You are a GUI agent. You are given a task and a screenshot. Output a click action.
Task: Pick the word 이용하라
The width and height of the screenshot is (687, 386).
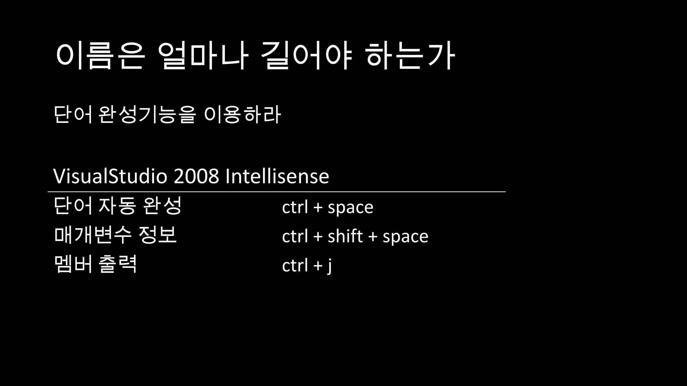(242, 115)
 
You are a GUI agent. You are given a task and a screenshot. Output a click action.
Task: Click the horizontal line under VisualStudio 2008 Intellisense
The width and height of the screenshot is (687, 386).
(276, 192)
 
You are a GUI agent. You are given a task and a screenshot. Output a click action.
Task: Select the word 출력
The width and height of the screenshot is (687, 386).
(118, 264)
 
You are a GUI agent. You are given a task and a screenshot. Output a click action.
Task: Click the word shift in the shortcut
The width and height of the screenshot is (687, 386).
(345, 236)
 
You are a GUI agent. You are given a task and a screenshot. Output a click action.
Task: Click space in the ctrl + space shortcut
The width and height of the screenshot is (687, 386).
(350, 207)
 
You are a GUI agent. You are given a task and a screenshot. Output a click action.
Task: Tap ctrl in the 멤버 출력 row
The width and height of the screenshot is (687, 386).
(295, 265)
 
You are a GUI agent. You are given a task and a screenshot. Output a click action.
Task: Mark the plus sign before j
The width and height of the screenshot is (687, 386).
(318, 266)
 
